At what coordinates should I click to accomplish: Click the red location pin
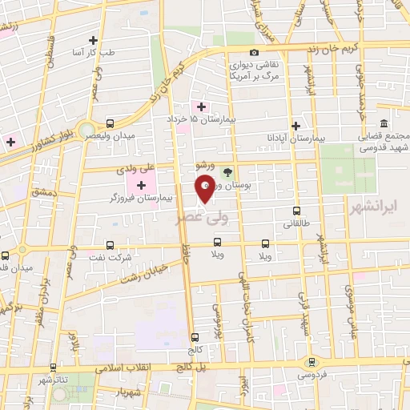pyautogui.click(x=204, y=188)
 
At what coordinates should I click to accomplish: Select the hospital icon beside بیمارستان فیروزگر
pyautogui.click(x=142, y=186)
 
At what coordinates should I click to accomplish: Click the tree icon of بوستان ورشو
pyautogui.click(x=227, y=171)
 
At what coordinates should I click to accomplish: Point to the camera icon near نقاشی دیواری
pyautogui.click(x=254, y=53)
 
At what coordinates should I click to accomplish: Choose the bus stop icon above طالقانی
pyautogui.click(x=297, y=213)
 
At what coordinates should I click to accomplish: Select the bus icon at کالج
pyautogui.click(x=195, y=338)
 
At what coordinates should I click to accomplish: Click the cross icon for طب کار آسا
pyautogui.click(x=94, y=40)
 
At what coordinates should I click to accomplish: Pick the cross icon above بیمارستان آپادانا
pyautogui.click(x=296, y=126)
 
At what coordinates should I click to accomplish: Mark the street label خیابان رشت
pyautogui.click(x=143, y=270)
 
